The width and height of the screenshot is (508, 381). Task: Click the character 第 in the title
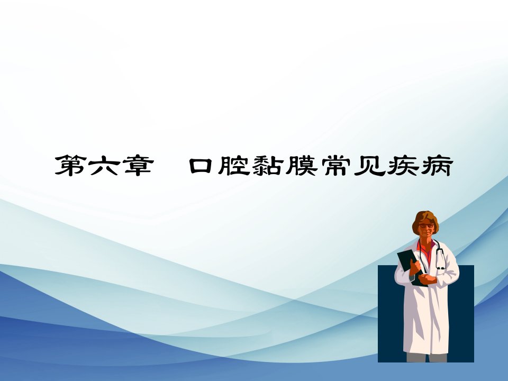[x=70, y=165]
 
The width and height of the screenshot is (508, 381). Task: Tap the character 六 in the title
[x=104, y=165]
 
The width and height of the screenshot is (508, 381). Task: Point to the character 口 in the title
[x=201, y=166]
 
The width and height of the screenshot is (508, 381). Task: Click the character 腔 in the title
[x=234, y=165]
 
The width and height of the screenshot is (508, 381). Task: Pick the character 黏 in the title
[x=267, y=165]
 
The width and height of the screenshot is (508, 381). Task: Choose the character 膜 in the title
[x=301, y=165]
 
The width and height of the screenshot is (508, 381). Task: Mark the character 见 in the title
[x=369, y=166]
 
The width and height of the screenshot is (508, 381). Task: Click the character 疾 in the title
[x=403, y=165]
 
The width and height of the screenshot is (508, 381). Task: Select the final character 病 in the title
[x=437, y=165]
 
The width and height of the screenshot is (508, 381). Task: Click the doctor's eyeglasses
[x=426, y=225]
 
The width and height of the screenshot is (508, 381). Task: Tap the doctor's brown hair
[x=425, y=217]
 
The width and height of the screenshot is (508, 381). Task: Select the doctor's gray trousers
[x=427, y=357]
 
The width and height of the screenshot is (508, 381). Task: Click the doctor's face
[x=425, y=228]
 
